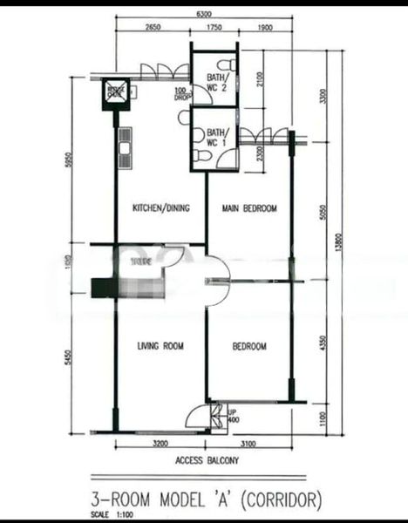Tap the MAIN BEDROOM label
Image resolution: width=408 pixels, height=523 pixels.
tap(249, 208)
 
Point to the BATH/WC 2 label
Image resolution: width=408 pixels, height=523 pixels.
tap(215, 83)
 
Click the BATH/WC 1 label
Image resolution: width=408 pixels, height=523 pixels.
tap(215, 137)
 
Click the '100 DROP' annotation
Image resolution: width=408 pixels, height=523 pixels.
tap(181, 95)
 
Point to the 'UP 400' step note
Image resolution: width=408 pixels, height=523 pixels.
tap(233, 417)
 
